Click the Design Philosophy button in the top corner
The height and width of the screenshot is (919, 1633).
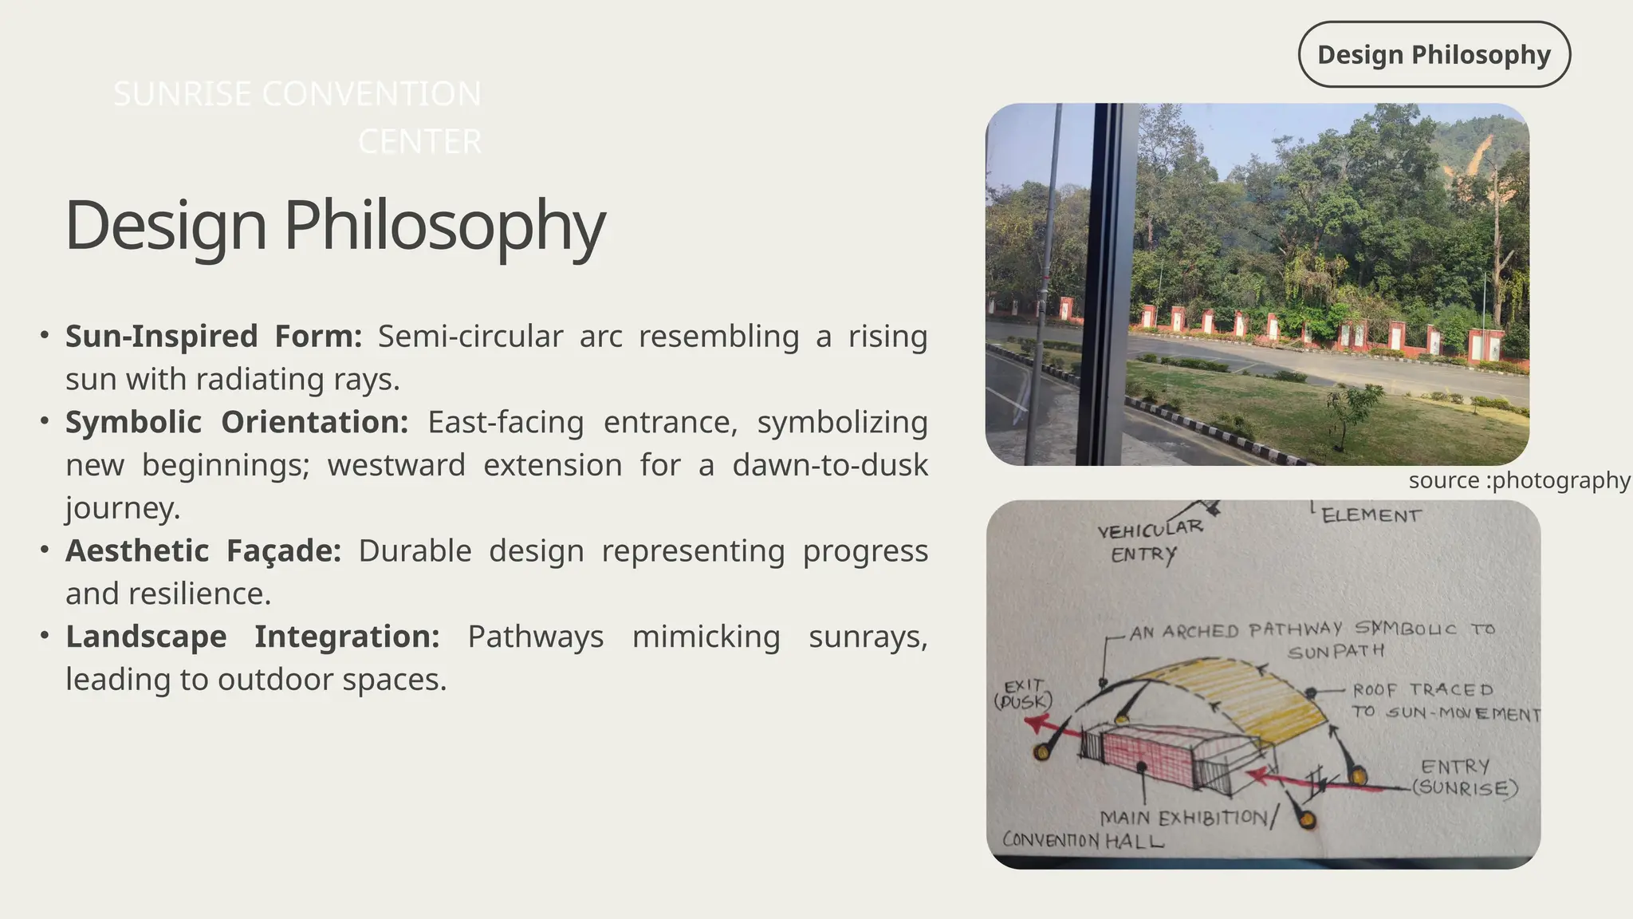pos(1434,54)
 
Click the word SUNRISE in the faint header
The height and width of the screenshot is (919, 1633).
pos(183,94)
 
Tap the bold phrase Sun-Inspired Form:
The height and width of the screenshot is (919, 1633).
pos(213,336)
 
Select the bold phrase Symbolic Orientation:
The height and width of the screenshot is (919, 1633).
pos(236,422)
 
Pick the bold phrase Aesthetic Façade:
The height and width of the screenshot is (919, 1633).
pos(203,550)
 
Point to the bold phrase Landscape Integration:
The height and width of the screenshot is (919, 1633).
pos(252,637)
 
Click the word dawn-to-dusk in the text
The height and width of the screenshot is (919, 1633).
pos(829,465)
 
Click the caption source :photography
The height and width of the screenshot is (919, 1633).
pos(1518,480)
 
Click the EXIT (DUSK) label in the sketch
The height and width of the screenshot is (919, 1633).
pos(1023,694)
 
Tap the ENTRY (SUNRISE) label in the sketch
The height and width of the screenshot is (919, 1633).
pos(1464,777)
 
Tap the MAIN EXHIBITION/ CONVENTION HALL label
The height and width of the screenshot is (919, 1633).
pos(1140,828)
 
